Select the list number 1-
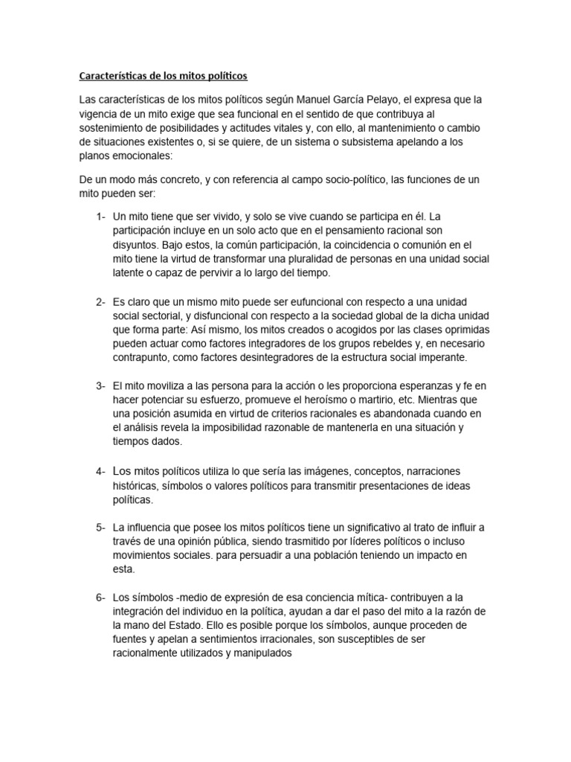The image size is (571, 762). point(100,217)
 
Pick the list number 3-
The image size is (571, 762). point(100,385)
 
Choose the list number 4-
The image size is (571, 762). point(100,472)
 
